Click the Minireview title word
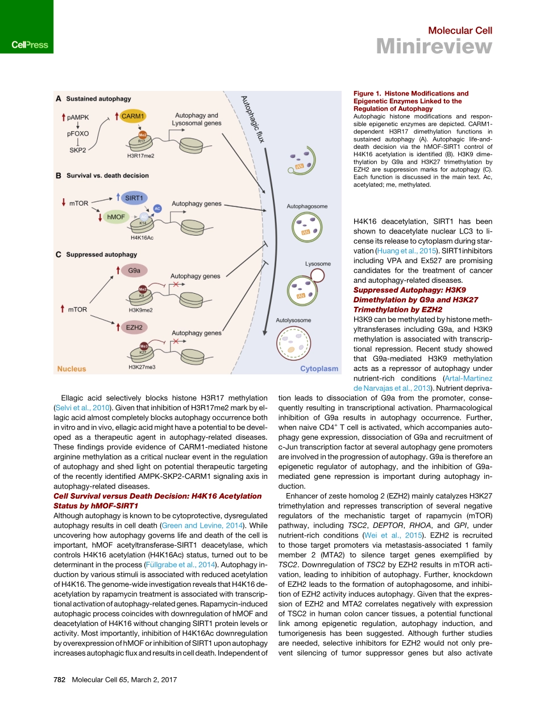click(434, 47)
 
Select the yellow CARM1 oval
click(133, 116)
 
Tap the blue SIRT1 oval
click(134, 197)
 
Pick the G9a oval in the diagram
click(134, 271)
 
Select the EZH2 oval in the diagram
click(134, 327)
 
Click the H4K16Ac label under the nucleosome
click(142, 237)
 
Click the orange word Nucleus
click(72, 369)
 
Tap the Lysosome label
click(317, 264)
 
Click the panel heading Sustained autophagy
click(98, 99)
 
